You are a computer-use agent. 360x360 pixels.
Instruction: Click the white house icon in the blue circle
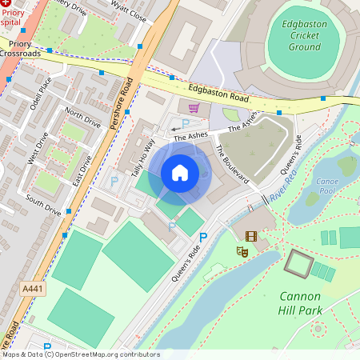click(x=180, y=172)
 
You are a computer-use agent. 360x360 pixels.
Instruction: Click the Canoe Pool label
click(x=326, y=186)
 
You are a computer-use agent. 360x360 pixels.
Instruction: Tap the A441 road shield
click(x=31, y=288)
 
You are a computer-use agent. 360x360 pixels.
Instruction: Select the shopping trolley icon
click(x=194, y=108)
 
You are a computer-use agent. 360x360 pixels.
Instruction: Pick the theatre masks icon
click(x=241, y=251)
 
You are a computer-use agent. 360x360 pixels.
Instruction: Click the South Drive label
click(x=43, y=205)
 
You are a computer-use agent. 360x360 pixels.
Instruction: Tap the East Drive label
click(x=83, y=165)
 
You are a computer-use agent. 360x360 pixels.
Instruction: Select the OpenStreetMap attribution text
click(x=80, y=354)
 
